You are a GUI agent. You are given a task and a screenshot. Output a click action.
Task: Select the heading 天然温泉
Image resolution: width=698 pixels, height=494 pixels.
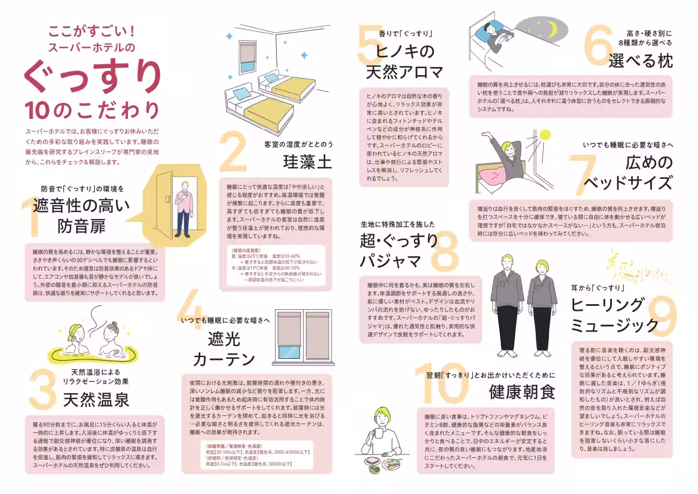point(96,400)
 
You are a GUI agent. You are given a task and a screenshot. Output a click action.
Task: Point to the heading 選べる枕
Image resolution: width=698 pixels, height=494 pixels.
point(640,61)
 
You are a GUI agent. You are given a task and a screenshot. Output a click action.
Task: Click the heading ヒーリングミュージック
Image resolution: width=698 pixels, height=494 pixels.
point(613,314)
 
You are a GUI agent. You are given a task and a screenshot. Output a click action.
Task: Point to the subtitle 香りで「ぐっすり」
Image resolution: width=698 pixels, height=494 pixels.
point(405,34)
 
